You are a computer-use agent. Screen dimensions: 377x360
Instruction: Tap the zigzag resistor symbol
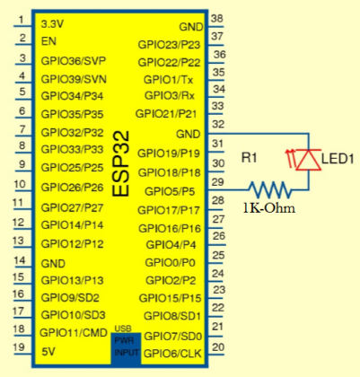[270, 189]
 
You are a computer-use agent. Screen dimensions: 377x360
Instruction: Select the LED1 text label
[340, 160]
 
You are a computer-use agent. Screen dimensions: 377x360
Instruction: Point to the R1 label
[251, 158]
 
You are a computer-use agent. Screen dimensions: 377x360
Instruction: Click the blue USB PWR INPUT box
[125, 346]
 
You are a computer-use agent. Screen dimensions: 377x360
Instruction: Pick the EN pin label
[50, 42]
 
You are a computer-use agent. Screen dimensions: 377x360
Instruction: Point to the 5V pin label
[49, 352]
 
